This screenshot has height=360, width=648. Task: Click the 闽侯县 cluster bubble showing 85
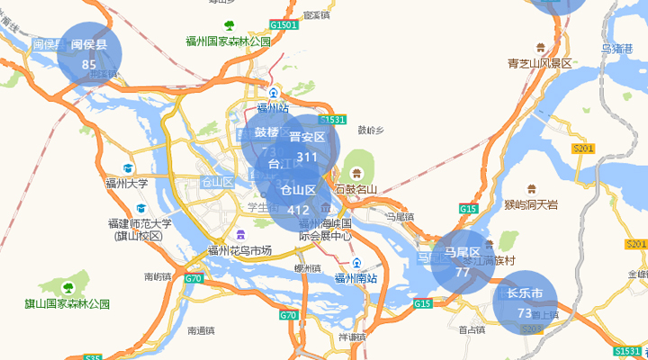(89, 54)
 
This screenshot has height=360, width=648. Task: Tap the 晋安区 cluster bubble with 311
(307, 147)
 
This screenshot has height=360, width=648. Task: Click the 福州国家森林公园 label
(229, 41)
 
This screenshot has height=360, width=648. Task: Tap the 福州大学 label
(126, 184)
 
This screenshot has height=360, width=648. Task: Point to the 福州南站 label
(356, 278)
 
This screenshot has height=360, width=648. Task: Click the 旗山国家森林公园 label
(67, 304)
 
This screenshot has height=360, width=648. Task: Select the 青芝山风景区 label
(540, 63)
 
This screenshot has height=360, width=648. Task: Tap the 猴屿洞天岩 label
(531, 204)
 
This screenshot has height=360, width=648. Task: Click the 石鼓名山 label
(355, 189)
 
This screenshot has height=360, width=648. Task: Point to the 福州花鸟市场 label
(239, 250)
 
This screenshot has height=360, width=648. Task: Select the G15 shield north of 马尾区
(467, 209)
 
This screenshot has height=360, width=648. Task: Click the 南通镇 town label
(201, 330)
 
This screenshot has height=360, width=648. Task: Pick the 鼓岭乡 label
(371, 130)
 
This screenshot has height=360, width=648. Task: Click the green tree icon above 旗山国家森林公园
(67, 287)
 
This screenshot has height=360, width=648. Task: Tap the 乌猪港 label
(617, 49)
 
